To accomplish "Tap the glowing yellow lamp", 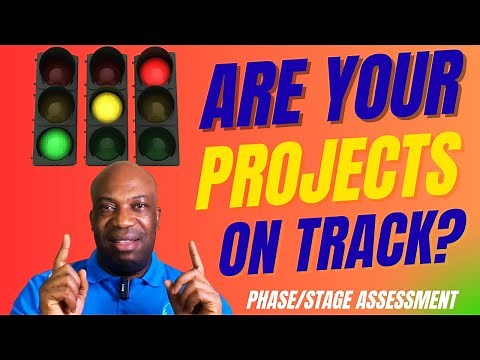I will pyautogui.click(x=104, y=104).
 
